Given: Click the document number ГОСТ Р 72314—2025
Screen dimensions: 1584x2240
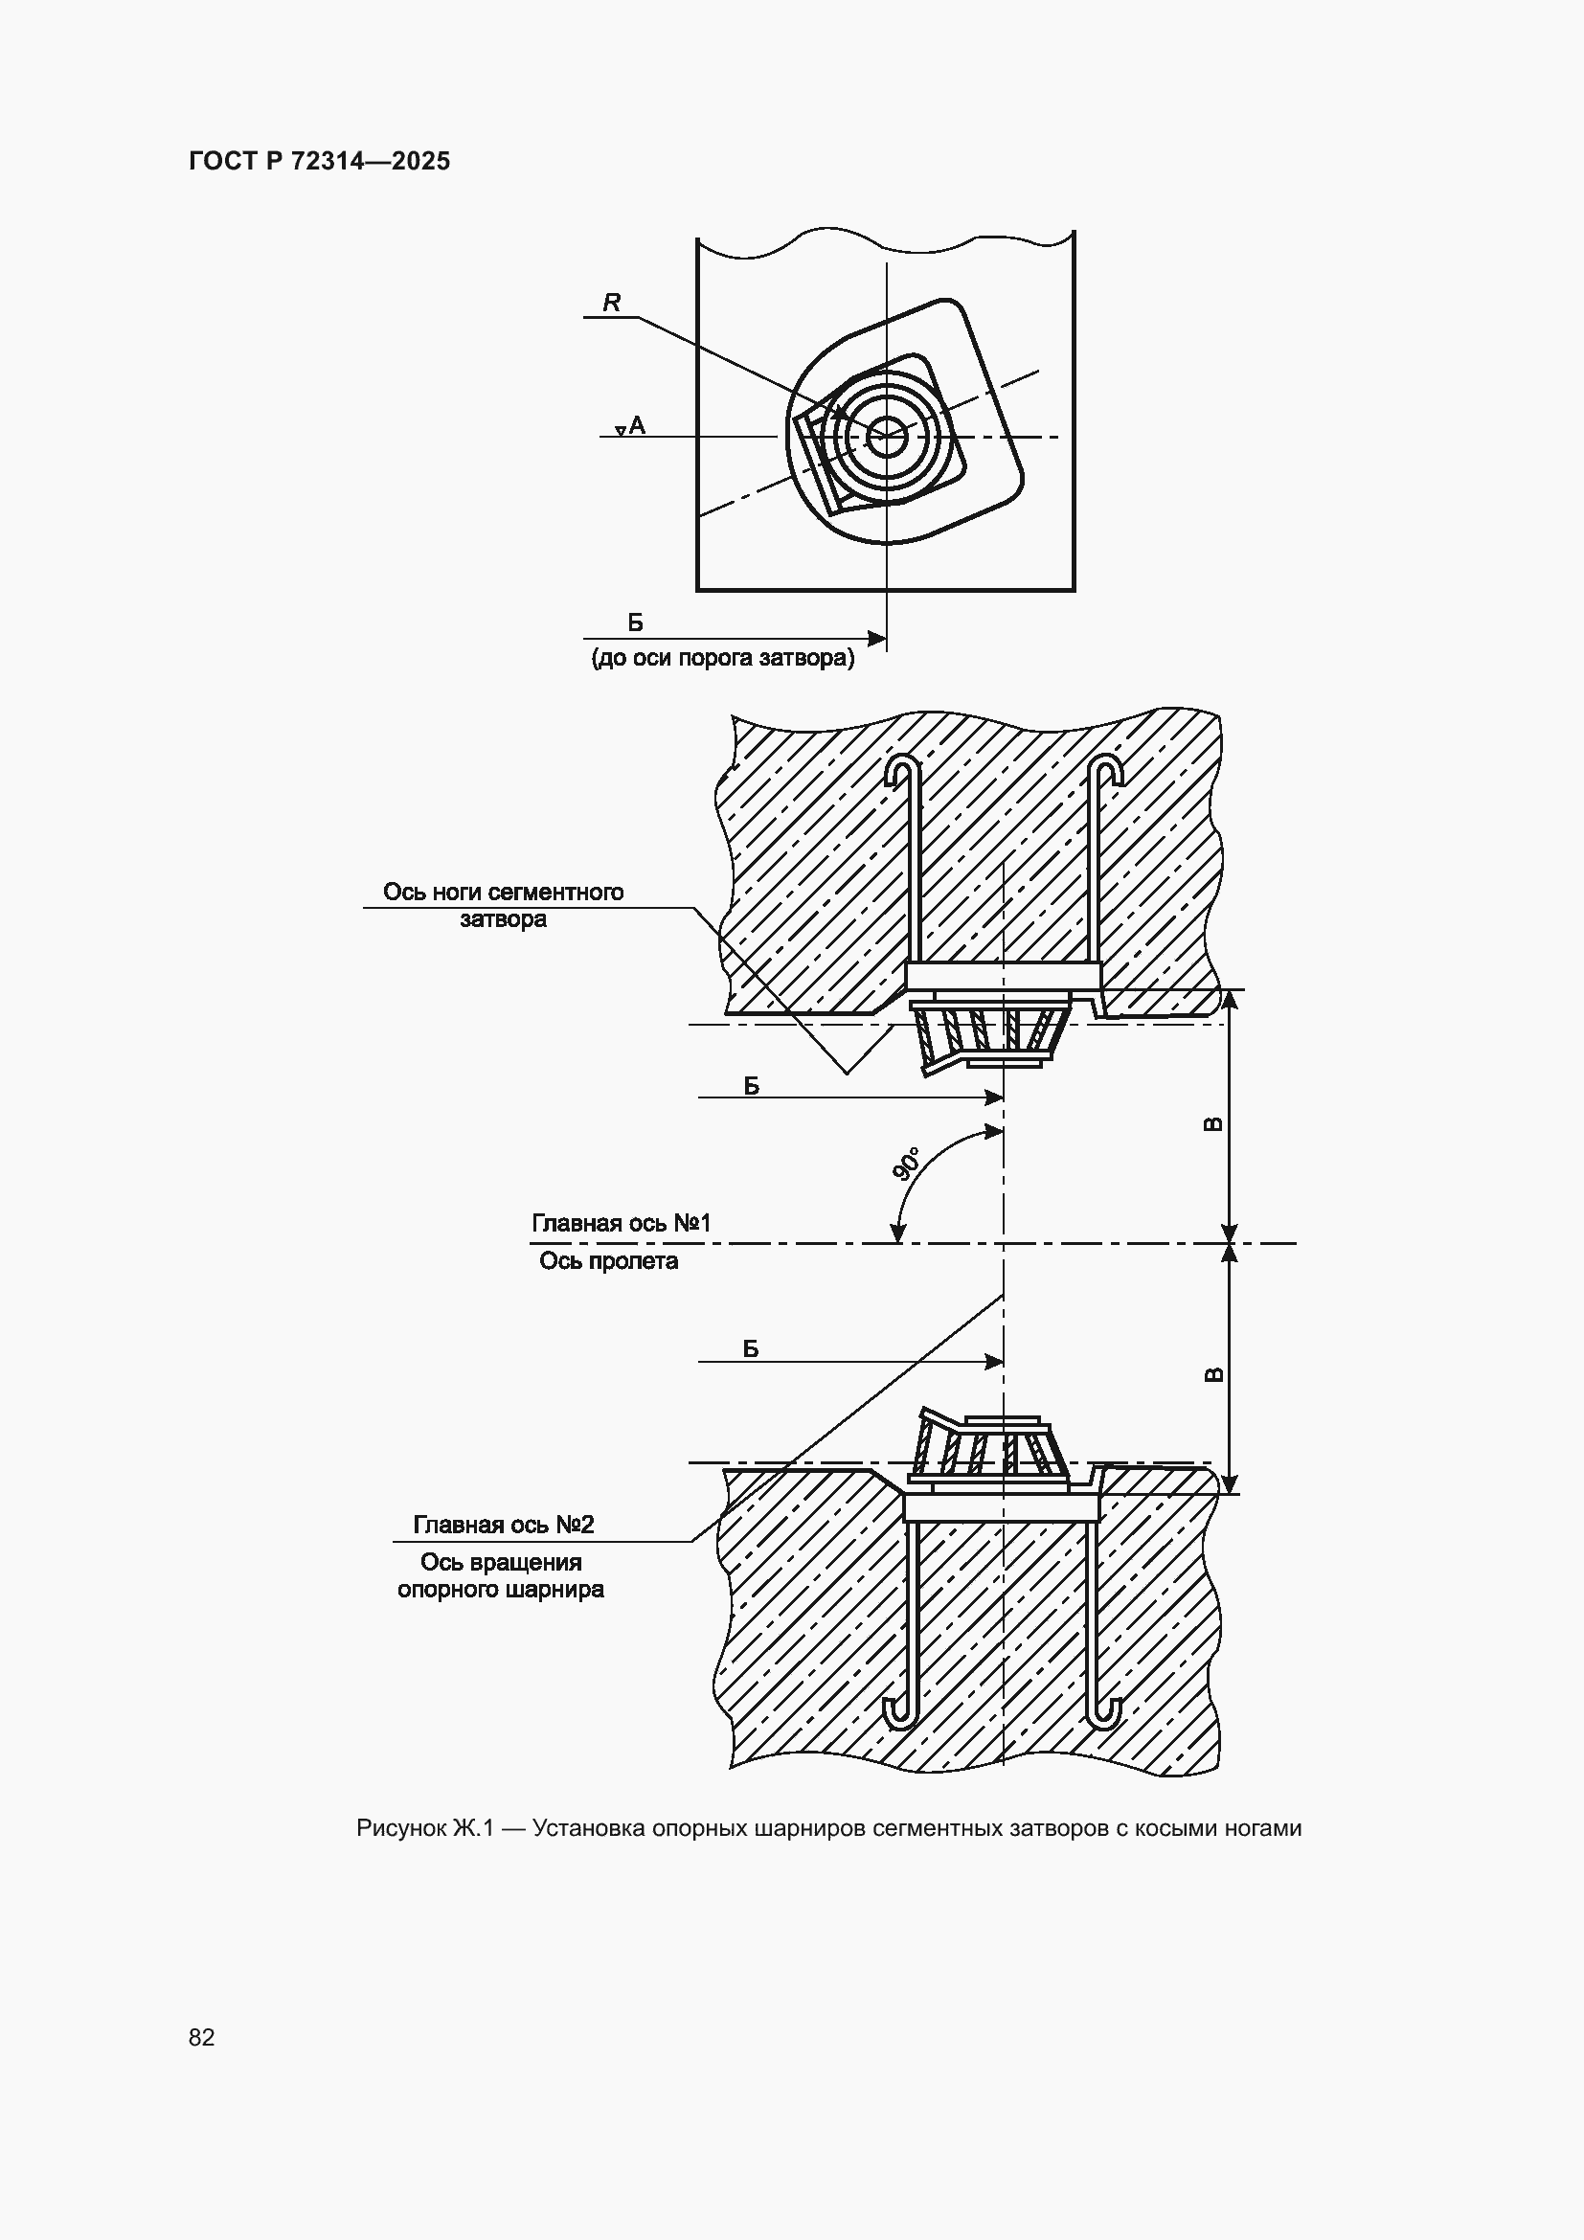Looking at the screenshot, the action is click(319, 161).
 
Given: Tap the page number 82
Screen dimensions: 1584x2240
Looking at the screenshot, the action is click(201, 2037).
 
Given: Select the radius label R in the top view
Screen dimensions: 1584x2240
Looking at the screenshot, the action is click(612, 303).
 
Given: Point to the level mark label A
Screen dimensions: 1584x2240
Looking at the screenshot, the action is click(637, 424).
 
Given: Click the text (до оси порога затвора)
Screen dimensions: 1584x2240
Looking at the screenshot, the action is click(723, 659).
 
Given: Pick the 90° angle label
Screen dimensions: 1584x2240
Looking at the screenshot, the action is click(907, 1164).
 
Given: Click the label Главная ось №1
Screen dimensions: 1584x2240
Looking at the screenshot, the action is click(622, 1222).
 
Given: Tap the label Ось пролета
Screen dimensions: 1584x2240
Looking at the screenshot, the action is click(609, 1261).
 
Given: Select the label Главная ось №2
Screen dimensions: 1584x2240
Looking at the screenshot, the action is click(504, 1524).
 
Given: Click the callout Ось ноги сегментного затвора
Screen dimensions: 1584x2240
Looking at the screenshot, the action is click(504, 905).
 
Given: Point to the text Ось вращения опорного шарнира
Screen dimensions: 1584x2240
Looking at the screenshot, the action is click(501, 1575).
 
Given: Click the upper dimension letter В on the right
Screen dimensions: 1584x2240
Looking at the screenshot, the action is click(1213, 1124).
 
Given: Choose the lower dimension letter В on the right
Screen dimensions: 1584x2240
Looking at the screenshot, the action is click(1213, 1374).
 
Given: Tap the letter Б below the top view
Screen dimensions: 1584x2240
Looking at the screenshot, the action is click(635, 622).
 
